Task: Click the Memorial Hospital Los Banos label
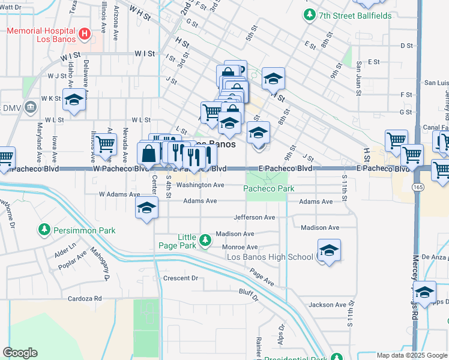[x=41, y=34]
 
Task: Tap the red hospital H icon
[x=85, y=34]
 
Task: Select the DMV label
[x=12, y=107]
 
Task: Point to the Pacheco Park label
[x=268, y=189]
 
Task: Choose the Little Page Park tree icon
[x=205, y=240]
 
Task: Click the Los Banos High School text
[x=270, y=257]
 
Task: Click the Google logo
[x=20, y=353]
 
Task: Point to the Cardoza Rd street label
[x=85, y=298]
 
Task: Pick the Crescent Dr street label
[x=180, y=278]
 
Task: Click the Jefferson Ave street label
[x=254, y=217]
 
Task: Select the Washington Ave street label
[x=200, y=185]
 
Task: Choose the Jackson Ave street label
[x=327, y=305]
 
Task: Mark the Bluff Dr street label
[x=248, y=293]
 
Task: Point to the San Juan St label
[x=358, y=78]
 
